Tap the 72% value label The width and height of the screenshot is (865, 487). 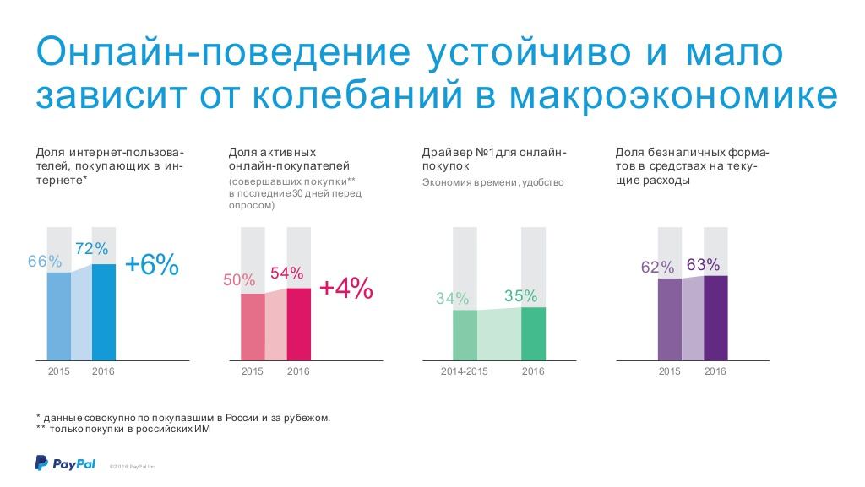(x=92, y=249)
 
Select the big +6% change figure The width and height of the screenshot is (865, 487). (x=152, y=265)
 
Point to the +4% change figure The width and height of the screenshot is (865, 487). (x=345, y=288)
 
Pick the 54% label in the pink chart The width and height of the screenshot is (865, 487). (x=286, y=273)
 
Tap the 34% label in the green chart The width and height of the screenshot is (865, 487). (x=453, y=299)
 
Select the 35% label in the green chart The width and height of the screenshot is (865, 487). (x=520, y=295)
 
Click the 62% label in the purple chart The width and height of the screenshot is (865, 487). (x=657, y=268)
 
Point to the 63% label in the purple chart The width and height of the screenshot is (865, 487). (x=703, y=264)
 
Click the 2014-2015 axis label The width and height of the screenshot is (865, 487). (x=465, y=371)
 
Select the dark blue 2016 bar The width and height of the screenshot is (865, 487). (x=103, y=312)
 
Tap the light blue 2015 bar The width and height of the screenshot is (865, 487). (x=58, y=317)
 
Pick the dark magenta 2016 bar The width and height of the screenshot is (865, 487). (x=298, y=325)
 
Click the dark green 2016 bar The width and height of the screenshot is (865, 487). (x=533, y=334)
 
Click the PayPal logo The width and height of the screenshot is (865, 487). (x=65, y=463)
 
